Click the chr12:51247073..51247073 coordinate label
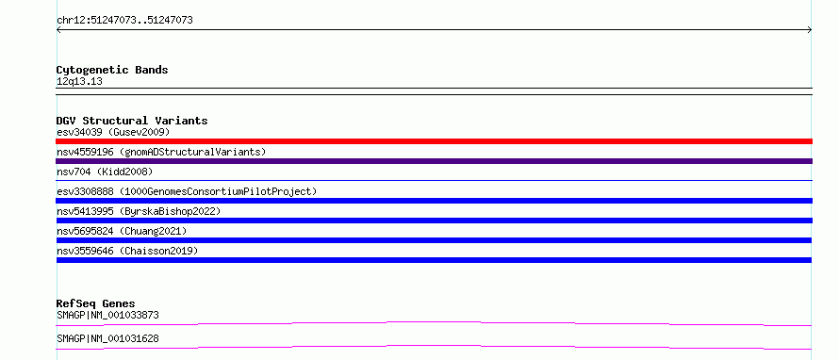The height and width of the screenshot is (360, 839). [x=124, y=21]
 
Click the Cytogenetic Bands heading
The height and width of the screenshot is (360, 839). [x=112, y=70]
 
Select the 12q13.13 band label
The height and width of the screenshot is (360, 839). [x=79, y=82]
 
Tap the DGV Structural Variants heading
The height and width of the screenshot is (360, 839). [x=132, y=121]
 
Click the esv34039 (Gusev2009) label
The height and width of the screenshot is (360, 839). [x=113, y=132]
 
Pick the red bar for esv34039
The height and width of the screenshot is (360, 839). [x=434, y=141]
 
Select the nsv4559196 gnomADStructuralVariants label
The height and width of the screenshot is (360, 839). [x=161, y=152]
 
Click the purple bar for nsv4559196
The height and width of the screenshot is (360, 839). [x=434, y=161]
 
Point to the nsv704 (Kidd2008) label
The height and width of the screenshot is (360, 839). [x=105, y=172]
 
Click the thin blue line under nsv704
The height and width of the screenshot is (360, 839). [x=434, y=180]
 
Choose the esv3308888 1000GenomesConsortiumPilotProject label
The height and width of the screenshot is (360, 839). [x=187, y=191]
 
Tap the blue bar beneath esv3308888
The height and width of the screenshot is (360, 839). [x=434, y=201]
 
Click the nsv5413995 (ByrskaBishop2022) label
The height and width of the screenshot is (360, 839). [x=139, y=211]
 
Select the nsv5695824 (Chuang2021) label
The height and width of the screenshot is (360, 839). [x=122, y=231]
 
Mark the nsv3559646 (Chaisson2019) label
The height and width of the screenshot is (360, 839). [x=127, y=251]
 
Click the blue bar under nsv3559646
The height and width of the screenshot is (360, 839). [x=434, y=260]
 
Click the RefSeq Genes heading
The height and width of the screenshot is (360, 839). [x=96, y=303]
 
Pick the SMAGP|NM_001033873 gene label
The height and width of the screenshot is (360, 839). [x=107, y=315]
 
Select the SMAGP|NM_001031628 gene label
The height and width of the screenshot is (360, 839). [x=107, y=338]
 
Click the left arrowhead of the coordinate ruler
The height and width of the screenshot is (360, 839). [x=58, y=30]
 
